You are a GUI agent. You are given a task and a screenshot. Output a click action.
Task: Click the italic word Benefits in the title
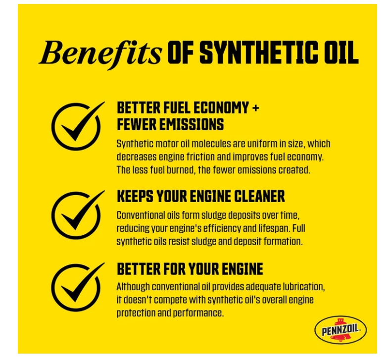[100, 53]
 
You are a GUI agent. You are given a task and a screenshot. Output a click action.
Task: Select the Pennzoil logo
[340, 330]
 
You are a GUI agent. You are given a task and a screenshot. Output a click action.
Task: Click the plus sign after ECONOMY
[255, 108]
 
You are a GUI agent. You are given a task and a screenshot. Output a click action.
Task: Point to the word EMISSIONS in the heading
[192, 124]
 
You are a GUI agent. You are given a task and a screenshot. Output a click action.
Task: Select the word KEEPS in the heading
[135, 197]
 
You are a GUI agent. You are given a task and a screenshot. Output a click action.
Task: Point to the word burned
[181, 170]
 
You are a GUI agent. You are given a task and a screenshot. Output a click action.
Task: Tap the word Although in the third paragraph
[133, 287]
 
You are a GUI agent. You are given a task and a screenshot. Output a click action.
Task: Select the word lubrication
[303, 287]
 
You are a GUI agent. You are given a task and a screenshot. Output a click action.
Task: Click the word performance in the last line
[198, 313]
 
